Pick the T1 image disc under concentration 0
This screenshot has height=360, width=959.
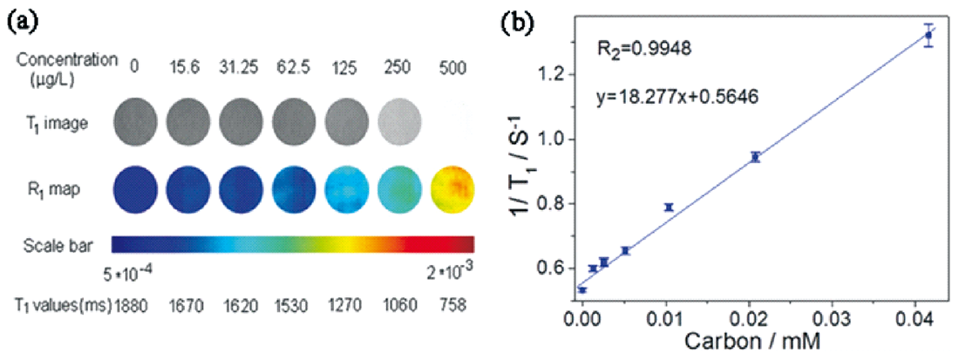[x=134, y=121]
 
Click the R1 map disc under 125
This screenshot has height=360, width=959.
[x=346, y=188]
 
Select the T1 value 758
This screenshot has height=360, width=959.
[x=452, y=305]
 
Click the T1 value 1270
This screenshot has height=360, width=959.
[x=346, y=305]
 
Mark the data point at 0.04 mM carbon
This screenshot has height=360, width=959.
[x=928, y=35]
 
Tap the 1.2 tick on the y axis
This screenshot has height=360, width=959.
[x=553, y=74]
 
